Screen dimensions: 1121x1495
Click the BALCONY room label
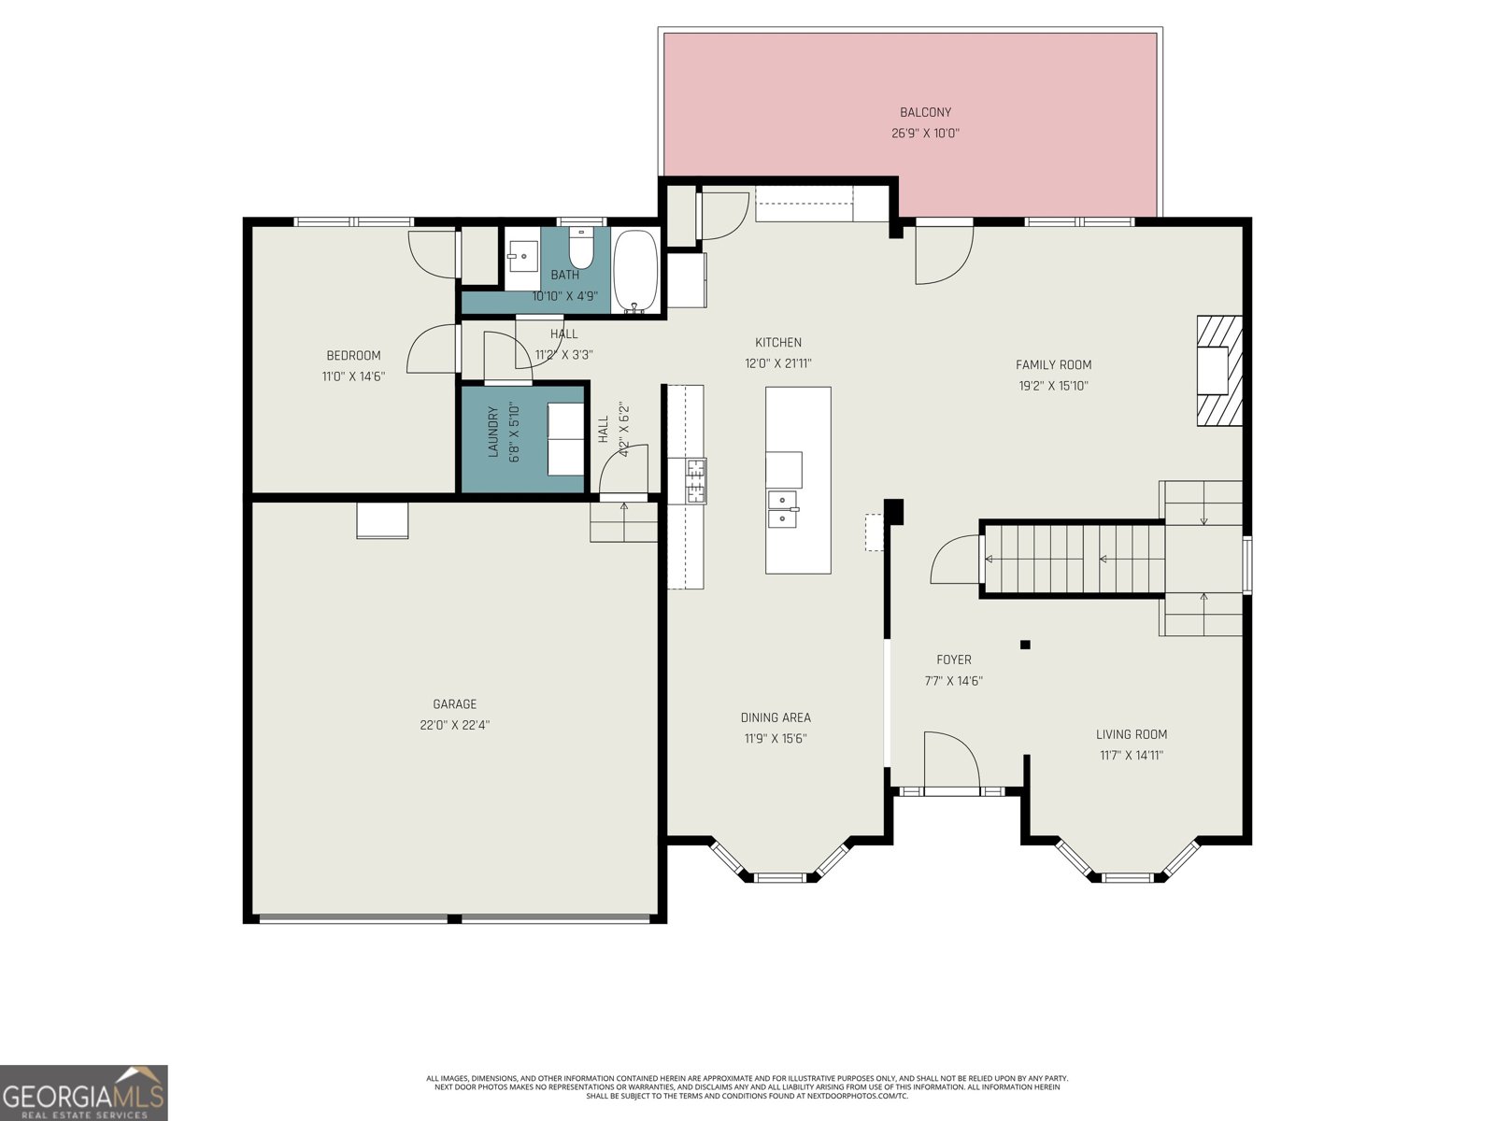pos(925,113)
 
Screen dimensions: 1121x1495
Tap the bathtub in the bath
pos(636,270)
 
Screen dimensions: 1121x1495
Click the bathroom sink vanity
pos(522,255)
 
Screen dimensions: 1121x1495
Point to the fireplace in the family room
pos(1219,371)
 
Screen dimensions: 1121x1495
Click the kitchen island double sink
pos(782,510)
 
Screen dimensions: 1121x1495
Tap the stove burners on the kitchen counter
pos(696,481)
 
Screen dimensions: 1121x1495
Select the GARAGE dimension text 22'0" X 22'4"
pos(455,725)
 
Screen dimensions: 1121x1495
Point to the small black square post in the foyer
pos(1025,645)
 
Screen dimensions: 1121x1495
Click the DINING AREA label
pos(776,717)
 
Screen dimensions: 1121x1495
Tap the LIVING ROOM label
pos(1132,734)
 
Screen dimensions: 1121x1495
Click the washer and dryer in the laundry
pos(564,439)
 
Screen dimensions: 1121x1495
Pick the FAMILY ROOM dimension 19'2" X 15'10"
pos(1053,386)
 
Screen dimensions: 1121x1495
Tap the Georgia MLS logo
pos(84,1092)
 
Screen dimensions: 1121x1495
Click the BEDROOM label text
pos(353,355)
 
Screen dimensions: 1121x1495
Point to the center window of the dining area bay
pos(779,877)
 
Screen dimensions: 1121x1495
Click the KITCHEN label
pos(778,343)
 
